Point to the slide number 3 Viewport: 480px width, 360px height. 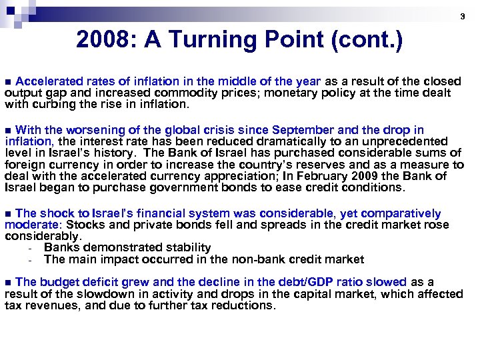coord(463,16)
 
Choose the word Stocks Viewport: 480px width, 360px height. coord(81,225)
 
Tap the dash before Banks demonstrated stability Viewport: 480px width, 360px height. coord(31,248)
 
